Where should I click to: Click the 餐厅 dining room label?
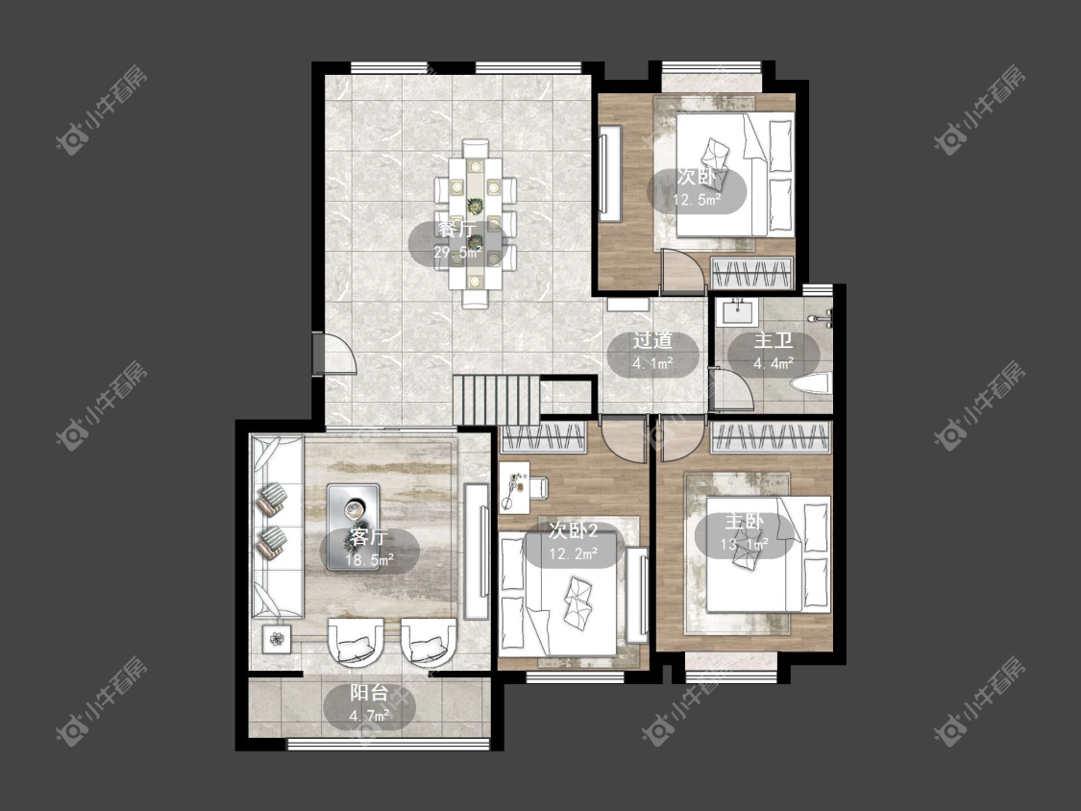(457, 230)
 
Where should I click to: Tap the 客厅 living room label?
(369, 536)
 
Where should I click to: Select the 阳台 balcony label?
(369, 693)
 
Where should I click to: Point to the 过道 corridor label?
(652, 341)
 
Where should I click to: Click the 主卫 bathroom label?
(773, 341)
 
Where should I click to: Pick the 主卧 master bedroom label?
(744, 522)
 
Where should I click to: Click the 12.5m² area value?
(697, 201)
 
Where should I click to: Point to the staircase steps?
(497, 401)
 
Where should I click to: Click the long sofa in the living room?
(276, 527)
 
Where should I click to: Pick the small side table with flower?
(277, 639)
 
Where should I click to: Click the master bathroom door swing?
(731, 390)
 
